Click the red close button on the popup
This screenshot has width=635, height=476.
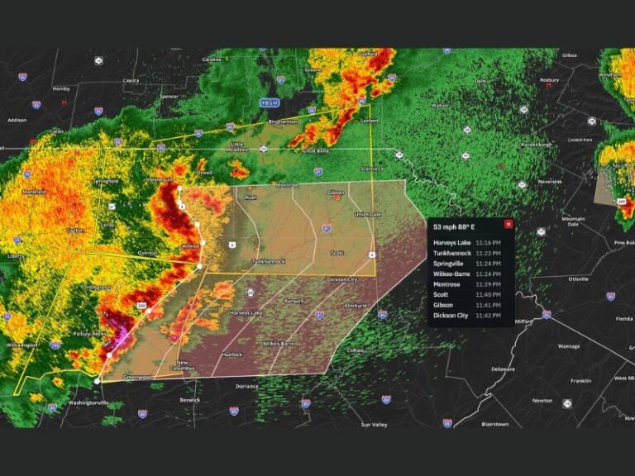coord(508,224)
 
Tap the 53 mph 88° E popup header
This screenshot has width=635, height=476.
coord(453,225)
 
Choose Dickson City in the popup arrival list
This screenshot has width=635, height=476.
coord(451,315)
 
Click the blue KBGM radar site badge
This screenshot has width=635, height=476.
coord(270,102)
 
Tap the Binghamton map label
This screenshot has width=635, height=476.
coord(283,121)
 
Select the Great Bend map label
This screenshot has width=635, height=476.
coord(315,151)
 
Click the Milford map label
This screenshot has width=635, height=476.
coord(524,321)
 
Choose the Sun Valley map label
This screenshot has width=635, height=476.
coord(374,425)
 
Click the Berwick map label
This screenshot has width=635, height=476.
coord(191,400)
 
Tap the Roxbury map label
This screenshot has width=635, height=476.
coord(549,80)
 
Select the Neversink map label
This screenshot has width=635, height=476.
coord(550,181)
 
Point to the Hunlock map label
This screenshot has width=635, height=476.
coord(232,355)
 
